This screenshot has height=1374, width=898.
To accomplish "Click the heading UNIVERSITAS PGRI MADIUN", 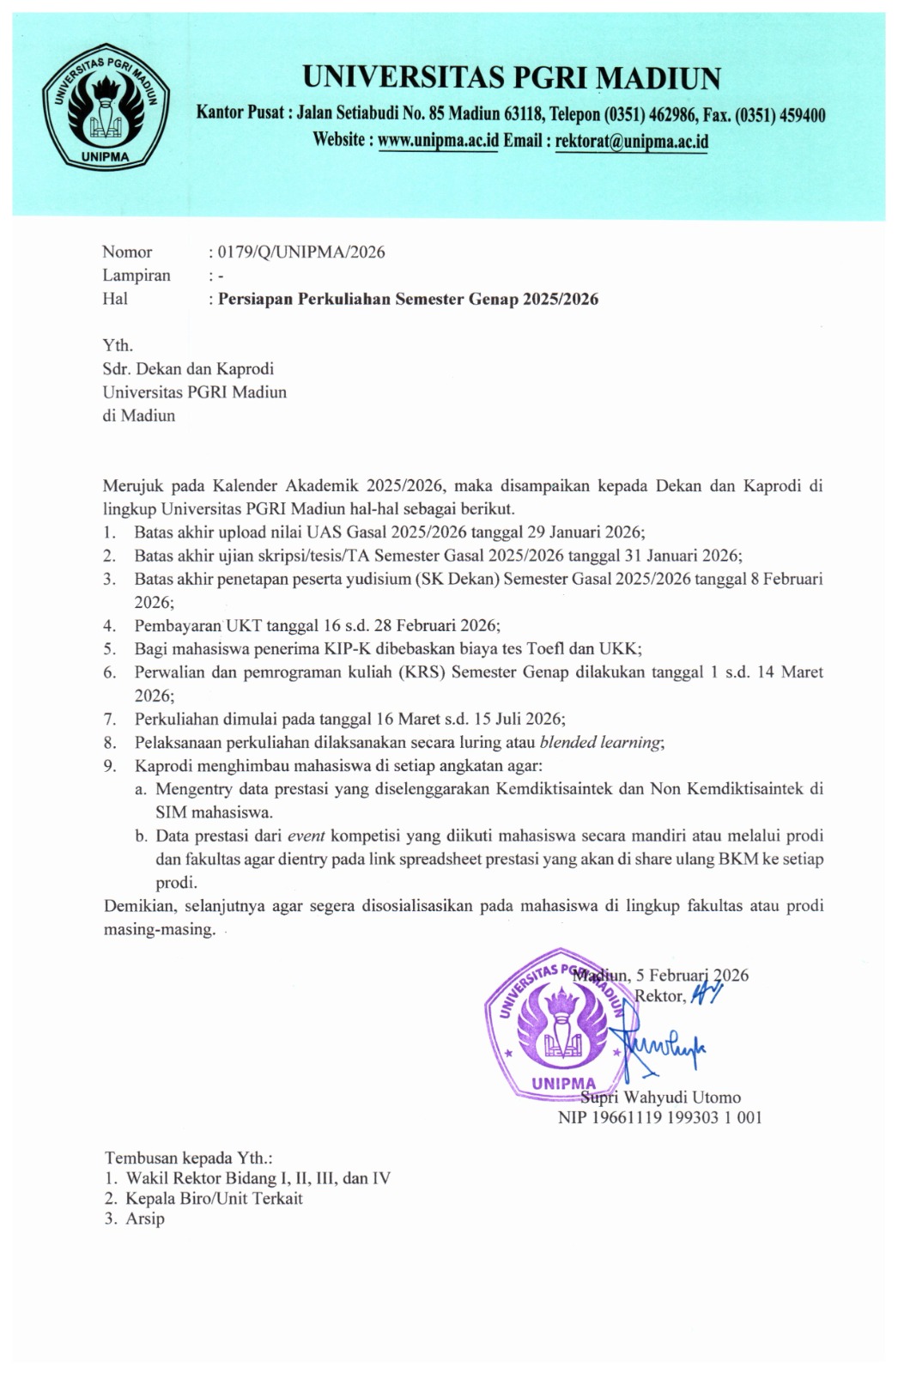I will click(512, 78).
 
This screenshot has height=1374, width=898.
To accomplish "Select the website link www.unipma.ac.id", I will click(438, 139).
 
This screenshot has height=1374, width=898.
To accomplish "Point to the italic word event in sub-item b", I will click(306, 835).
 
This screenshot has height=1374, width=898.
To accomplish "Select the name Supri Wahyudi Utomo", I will click(660, 1097).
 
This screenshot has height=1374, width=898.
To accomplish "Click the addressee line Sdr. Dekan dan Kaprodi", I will click(188, 369).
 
